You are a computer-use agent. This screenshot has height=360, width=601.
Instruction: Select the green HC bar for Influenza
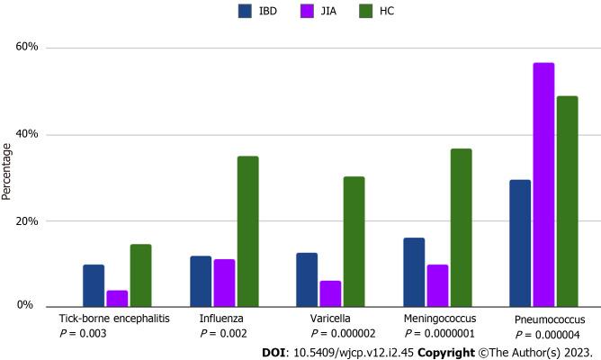pyautogui.click(x=247, y=231)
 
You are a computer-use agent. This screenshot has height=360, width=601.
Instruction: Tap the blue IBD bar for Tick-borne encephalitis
pyautogui.click(x=94, y=285)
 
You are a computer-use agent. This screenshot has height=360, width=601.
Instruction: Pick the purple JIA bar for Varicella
pyautogui.click(x=330, y=293)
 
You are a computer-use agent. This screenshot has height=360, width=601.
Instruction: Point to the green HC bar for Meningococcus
pyautogui.click(x=461, y=228)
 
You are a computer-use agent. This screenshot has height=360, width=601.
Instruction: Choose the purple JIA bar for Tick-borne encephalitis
pyautogui.click(x=117, y=298)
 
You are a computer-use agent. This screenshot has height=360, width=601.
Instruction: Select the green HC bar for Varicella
pyautogui.click(x=354, y=241)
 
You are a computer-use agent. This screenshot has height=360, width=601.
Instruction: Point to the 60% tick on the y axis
pyautogui.click(x=29, y=48)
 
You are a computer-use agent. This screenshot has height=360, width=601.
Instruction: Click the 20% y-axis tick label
pyautogui.click(x=29, y=221)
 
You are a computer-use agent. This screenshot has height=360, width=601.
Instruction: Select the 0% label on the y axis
pyautogui.click(x=31, y=307)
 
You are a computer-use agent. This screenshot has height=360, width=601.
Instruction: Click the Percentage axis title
pyautogui.click(x=8, y=176)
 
